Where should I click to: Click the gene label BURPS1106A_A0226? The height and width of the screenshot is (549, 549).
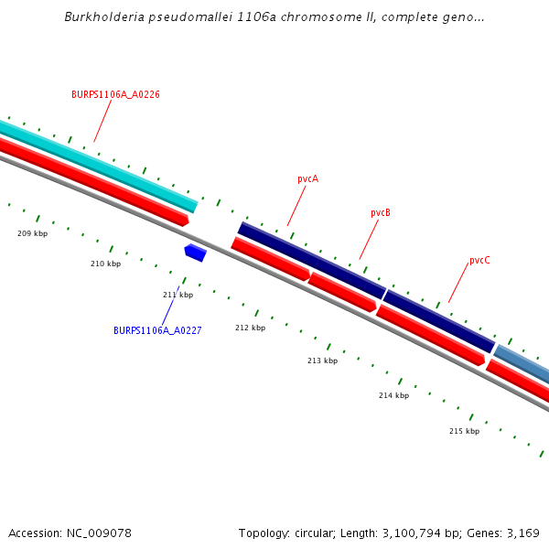115,94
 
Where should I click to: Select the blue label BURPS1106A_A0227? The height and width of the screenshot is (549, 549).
157,330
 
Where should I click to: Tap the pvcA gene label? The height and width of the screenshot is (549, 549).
307,179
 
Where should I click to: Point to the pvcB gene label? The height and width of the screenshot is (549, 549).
381,213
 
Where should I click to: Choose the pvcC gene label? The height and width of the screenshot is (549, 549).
479,261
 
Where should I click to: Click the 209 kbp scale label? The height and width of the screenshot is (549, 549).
32,233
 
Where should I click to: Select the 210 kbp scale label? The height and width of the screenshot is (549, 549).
105,264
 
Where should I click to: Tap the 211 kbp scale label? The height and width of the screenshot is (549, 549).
178,295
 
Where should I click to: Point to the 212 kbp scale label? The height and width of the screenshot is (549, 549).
250,328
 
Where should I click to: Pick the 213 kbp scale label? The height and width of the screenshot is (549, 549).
322,361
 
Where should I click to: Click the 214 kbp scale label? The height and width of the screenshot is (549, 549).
393,395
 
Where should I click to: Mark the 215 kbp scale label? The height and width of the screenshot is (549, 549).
464,431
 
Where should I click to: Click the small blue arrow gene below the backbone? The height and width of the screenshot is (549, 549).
195,253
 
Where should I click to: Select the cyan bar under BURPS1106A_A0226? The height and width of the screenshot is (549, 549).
101,165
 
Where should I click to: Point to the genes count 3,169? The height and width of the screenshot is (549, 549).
523,533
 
